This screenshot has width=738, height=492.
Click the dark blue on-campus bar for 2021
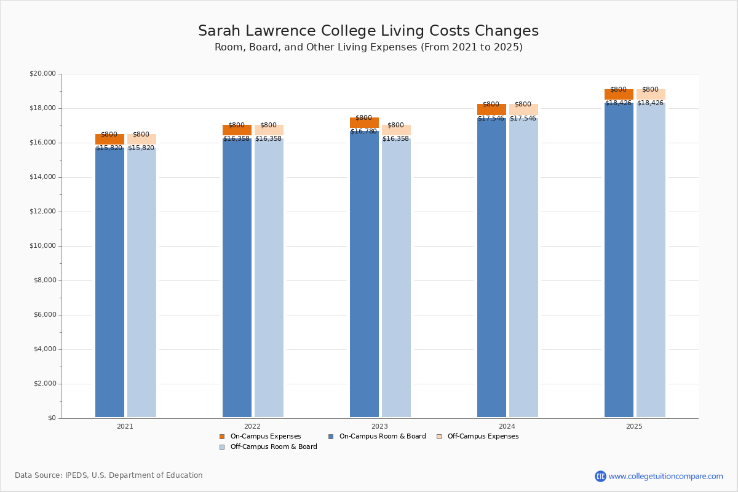tap(109, 283)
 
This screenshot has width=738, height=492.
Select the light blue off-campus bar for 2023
tap(396, 277)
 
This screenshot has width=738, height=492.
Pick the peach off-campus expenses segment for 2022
tap(269, 130)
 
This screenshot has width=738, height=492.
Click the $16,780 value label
tap(363, 132)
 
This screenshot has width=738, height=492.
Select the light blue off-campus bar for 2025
tap(651, 258)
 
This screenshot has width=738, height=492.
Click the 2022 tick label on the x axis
tap(252, 426)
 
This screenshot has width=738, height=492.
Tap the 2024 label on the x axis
tap(507, 426)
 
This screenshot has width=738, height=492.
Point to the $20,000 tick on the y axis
tap(42, 74)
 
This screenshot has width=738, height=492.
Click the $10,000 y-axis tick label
tap(42, 246)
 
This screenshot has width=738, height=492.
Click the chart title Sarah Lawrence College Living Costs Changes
tap(368, 31)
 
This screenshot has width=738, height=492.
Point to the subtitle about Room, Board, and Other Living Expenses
tap(368, 47)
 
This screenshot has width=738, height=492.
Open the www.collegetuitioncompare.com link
tap(665, 476)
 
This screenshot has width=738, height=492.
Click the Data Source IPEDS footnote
tap(109, 475)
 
